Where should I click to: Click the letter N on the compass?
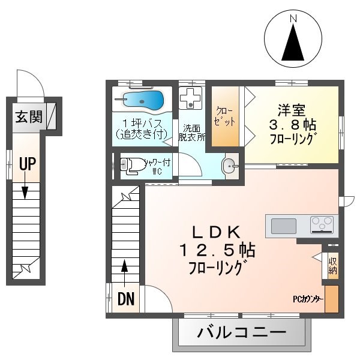[293, 18]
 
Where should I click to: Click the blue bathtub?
[143, 99]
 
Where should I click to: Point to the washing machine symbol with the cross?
[191, 98]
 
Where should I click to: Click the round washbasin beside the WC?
[229, 166]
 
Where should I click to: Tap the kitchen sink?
[283, 226]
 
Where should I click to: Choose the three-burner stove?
[322, 225]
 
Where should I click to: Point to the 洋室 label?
[292, 111]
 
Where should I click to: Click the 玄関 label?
[28, 116]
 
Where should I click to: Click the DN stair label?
[125, 298]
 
